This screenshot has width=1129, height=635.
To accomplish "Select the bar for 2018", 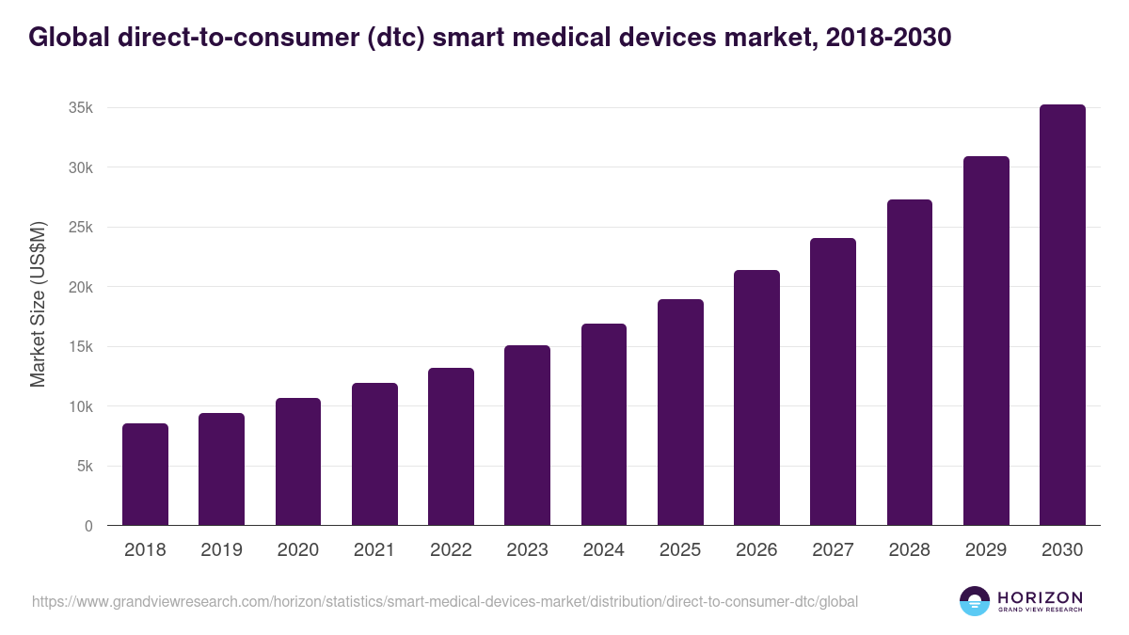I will pos(145,475).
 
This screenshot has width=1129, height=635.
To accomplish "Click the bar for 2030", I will pos(1062,315).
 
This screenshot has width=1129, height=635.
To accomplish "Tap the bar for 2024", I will pos(604,424).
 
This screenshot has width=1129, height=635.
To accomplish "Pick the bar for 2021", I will pos(374,454).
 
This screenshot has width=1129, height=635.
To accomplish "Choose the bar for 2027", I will pos(833,382).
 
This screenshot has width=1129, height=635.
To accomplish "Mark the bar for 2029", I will pos(986,341).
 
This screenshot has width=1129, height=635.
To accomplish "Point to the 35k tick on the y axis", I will pos(81,108).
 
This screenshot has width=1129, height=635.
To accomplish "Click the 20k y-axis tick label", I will pos(81,287).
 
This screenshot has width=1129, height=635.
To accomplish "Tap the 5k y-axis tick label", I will pos(85,467).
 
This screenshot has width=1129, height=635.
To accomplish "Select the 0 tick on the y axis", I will pos(88,526).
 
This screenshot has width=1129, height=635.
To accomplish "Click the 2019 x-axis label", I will pos(221,550).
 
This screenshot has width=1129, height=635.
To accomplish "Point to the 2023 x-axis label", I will pos(527,550).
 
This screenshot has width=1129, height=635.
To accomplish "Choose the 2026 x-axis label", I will pos(756,550).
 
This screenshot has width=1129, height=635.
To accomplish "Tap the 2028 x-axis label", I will pos(910,550).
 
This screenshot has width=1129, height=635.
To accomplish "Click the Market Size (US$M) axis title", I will pos(38,304).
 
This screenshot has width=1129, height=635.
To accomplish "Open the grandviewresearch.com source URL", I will pos(445,601).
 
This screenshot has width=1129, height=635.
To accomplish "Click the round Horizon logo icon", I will pos(975,601).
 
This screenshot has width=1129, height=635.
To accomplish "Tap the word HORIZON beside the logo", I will pos(1040,597).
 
